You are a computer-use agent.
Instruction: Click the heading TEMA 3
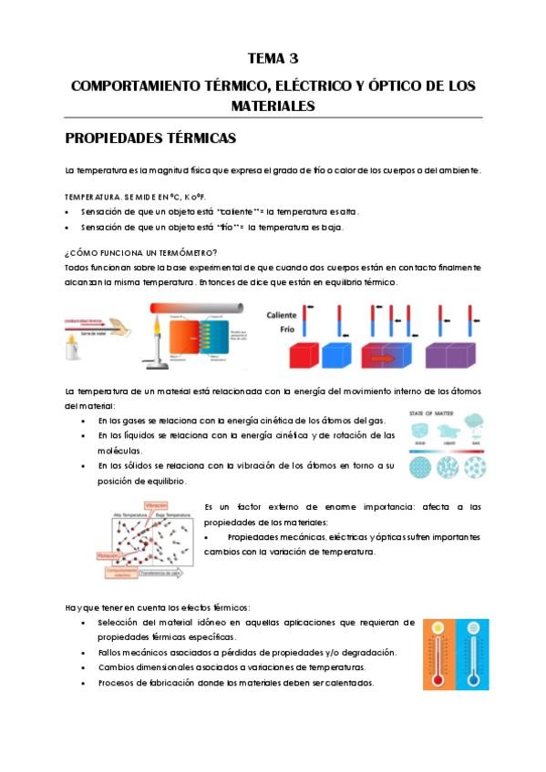273,61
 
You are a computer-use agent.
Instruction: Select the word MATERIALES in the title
273,107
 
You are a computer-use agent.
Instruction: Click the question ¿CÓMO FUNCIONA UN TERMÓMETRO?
141,252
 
